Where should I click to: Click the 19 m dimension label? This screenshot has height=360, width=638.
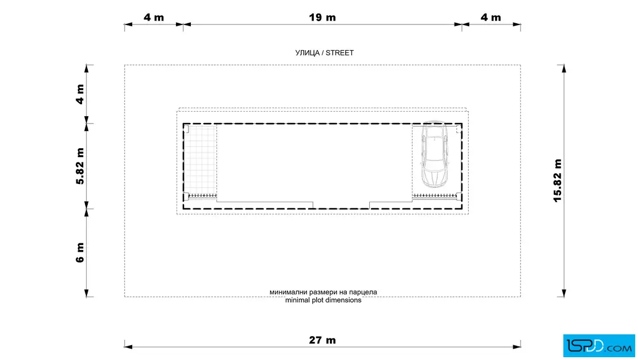tap(322, 18)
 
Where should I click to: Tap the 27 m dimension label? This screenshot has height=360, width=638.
tap(322, 340)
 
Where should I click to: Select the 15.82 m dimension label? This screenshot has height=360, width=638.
tap(558, 181)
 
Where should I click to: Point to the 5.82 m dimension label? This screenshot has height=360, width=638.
tap(80, 166)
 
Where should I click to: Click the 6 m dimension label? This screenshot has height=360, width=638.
tap(80, 252)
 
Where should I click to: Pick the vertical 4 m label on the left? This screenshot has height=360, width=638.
tap(80, 95)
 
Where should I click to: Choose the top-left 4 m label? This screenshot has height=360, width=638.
tap(154, 18)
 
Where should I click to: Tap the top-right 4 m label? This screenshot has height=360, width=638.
tap(490, 18)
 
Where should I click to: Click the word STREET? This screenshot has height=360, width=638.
tap(340, 53)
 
